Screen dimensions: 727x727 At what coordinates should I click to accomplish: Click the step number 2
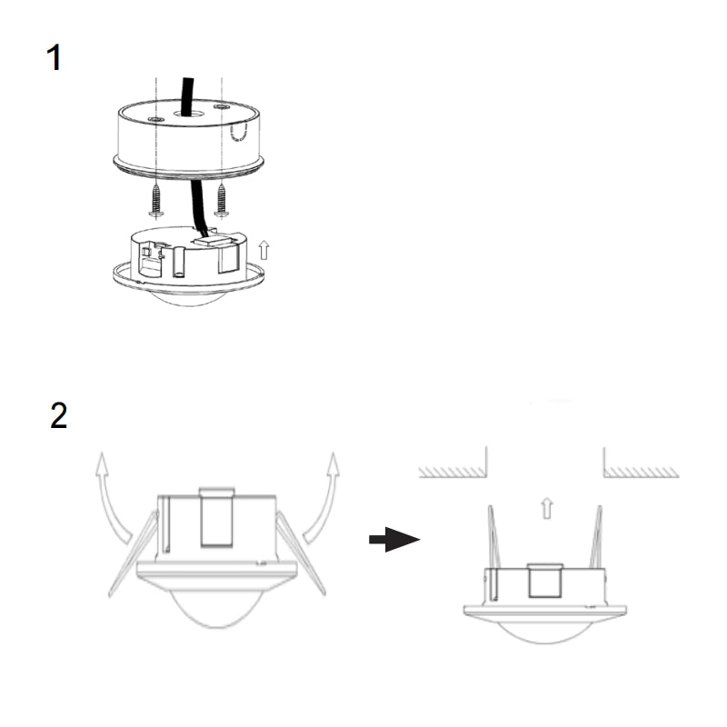click(x=58, y=415)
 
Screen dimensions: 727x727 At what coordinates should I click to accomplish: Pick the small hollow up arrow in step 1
click(x=264, y=248)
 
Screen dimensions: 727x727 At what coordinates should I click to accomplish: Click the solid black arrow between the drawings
click(x=393, y=540)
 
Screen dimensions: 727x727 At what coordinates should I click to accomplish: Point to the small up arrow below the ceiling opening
click(x=545, y=507)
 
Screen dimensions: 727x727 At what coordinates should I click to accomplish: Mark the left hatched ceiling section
click(x=452, y=472)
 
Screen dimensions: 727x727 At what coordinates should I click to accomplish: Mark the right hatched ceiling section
click(x=641, y=472)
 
